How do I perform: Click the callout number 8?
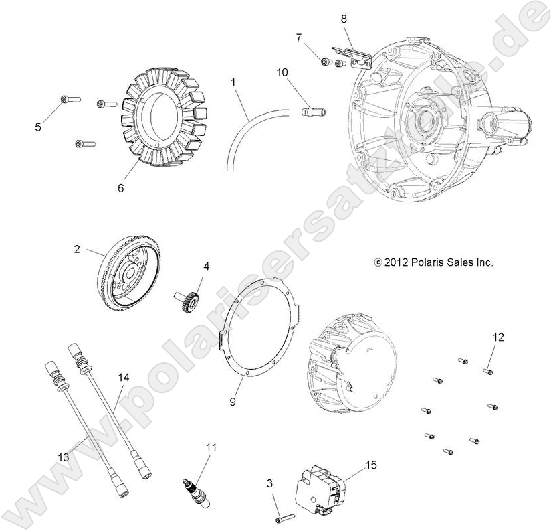pyautogui.click(x=344, y=19)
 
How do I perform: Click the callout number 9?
pyautogui.click(x=233, y=402)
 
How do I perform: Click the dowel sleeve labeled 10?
pyautogui.click(x=314, y=110)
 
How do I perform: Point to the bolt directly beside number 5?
pyautogui.click(x=69, y=100)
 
